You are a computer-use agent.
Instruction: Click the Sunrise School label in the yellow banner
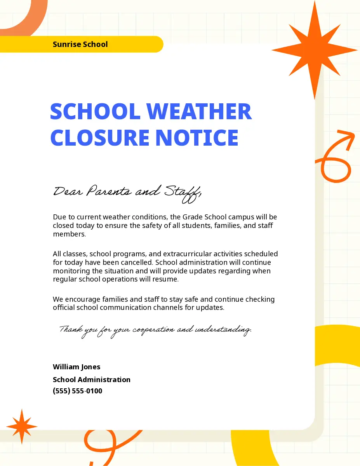pos(80,44)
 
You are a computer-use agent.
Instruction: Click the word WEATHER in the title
pos(199,111)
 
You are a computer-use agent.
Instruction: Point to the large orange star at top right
pos(314,50)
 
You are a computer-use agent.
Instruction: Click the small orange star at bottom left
pos(22,426)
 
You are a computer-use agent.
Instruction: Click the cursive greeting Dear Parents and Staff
pos(127,192)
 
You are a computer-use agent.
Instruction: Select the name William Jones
pos(77,367)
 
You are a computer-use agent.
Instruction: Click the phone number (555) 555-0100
pos(78,391)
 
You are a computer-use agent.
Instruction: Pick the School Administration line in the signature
pos(92,379)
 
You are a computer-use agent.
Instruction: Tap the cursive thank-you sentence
pos(155,330)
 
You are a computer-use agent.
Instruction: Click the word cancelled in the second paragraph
pos(136,263)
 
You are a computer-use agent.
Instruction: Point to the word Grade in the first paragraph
pos(192,217)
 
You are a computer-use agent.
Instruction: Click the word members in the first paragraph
pos(68,234)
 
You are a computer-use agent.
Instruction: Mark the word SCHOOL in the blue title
pos(95,111)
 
